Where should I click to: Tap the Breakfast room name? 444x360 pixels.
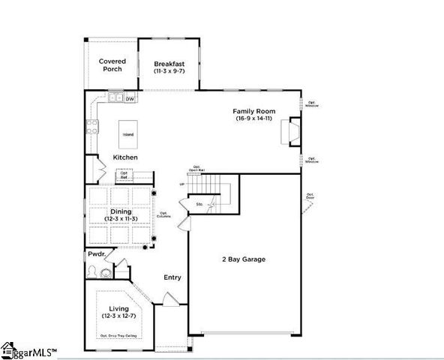tap(169, 64)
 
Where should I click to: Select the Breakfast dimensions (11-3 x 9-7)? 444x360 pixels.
tap(169, 71)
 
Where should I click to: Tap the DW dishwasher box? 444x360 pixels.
tap(130, 98)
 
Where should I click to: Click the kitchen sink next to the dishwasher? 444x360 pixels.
tap(115, 98)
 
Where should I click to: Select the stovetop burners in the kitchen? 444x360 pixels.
tap(93, 127)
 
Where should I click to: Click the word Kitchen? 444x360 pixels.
tap(125, 157)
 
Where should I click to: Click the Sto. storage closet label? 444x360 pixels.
tap(200, 203)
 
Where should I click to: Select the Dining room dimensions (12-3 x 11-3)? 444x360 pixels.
tap(121, 219)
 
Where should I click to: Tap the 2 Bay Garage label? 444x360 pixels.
tap(243, 259)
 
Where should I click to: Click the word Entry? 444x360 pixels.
tap(172, 277)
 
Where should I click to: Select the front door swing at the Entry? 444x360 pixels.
tap(170, 299)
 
